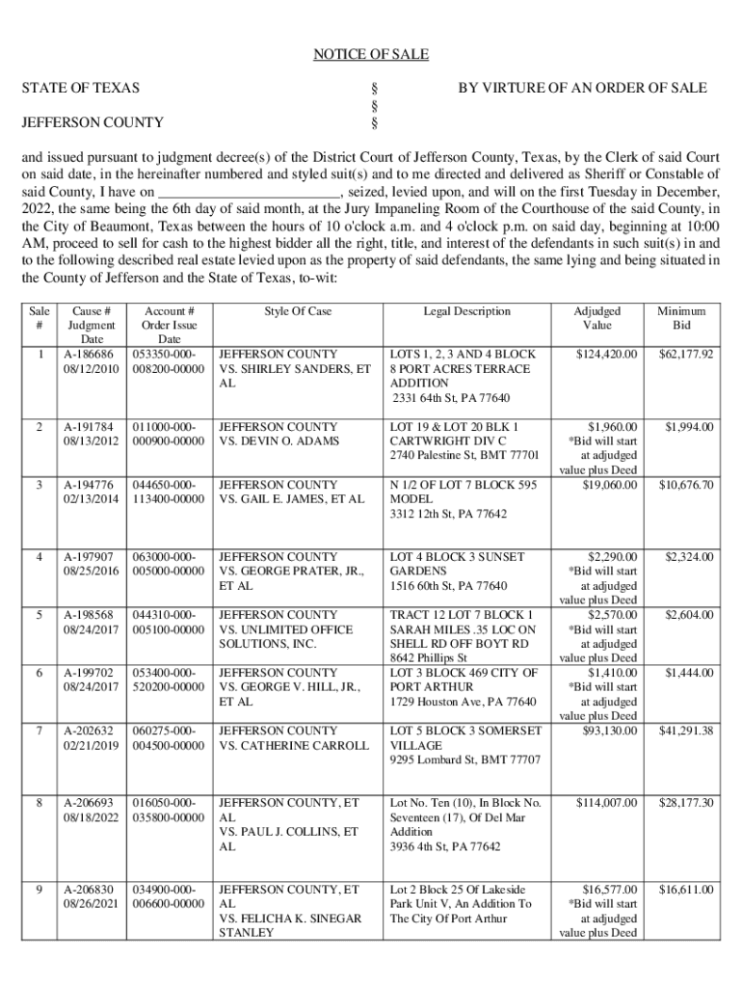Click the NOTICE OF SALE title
(x=371, y=54)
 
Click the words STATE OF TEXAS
(x=81, y=88)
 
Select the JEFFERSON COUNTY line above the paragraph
(x=93, y=122)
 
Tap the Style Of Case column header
(x=298, y=311)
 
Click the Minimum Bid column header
(x=681, y=318)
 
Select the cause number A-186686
(x=92, y=354)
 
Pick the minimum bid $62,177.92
(x=686, y=354)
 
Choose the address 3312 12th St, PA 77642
(x=448, y=514)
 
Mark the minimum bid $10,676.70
(x=686, y=485)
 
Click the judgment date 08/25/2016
(x=92, y=572)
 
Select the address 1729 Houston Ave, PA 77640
(x=463, y=702)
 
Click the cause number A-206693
(x=92, y=803)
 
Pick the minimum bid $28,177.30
(x=686, y=803)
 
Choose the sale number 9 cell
(x=39, y=890)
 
